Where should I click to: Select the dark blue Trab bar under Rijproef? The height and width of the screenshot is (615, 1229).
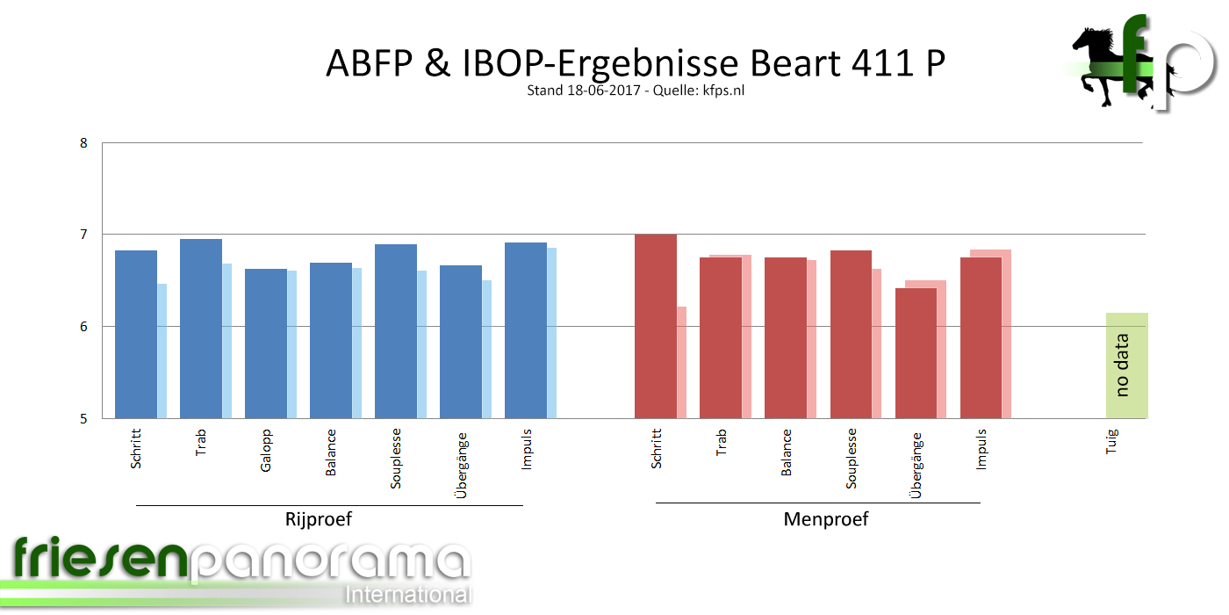tap(201, 329)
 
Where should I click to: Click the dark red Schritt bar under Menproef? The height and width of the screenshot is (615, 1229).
tap(656, 326)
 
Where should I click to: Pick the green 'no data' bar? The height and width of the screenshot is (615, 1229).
tap(1126, 365)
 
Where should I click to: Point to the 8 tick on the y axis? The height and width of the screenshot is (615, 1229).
tap(83, 142)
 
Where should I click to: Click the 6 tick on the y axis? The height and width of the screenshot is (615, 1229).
tap(83, 326)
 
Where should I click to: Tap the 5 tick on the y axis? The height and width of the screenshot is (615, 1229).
tap(83, 418)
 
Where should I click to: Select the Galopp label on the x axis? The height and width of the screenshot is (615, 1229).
tap(266, 450)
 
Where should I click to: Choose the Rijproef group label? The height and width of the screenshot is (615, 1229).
tap(318, 519)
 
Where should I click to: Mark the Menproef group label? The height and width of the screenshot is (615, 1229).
tap(825, 519)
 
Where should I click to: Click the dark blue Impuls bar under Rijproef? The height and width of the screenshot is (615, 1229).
tap(526, 330)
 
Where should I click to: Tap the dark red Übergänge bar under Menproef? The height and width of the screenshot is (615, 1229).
tap(916, 353)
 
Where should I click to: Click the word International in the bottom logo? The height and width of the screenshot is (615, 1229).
tap(408, 594)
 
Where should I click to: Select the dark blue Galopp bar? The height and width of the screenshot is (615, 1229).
tap(266, 344)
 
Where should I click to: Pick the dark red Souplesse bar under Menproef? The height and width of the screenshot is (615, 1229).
tap(851, 335)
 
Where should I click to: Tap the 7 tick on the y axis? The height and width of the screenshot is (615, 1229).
tap(83, 235)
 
